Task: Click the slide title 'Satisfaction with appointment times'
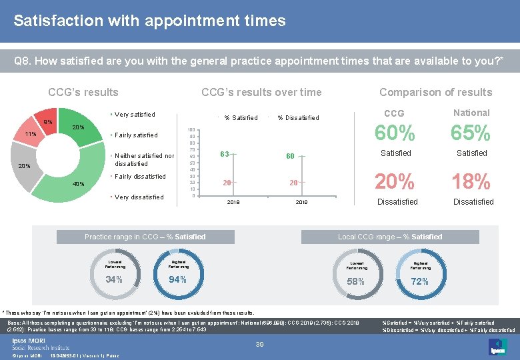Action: click(149, 21)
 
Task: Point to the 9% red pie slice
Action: click(48, 121)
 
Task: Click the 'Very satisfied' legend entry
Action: click(135, 115)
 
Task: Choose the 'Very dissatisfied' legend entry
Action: click(139, 197)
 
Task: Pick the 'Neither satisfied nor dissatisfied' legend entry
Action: click(144, 159)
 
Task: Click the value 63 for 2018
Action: click(225, 155)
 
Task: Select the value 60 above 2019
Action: click(290, 156)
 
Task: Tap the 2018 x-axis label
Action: click(233, 201)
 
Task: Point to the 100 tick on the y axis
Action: click(191, 130)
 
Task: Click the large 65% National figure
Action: click(471, 133)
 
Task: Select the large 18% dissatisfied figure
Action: click(471, 181)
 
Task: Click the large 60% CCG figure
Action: click(396, 133)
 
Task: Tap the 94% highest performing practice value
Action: click(177, 279)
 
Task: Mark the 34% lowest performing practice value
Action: click(114, 279)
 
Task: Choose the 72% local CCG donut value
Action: click(420, 281)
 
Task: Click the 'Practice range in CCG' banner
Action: click(145, 237)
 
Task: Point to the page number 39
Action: click(261, 344)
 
